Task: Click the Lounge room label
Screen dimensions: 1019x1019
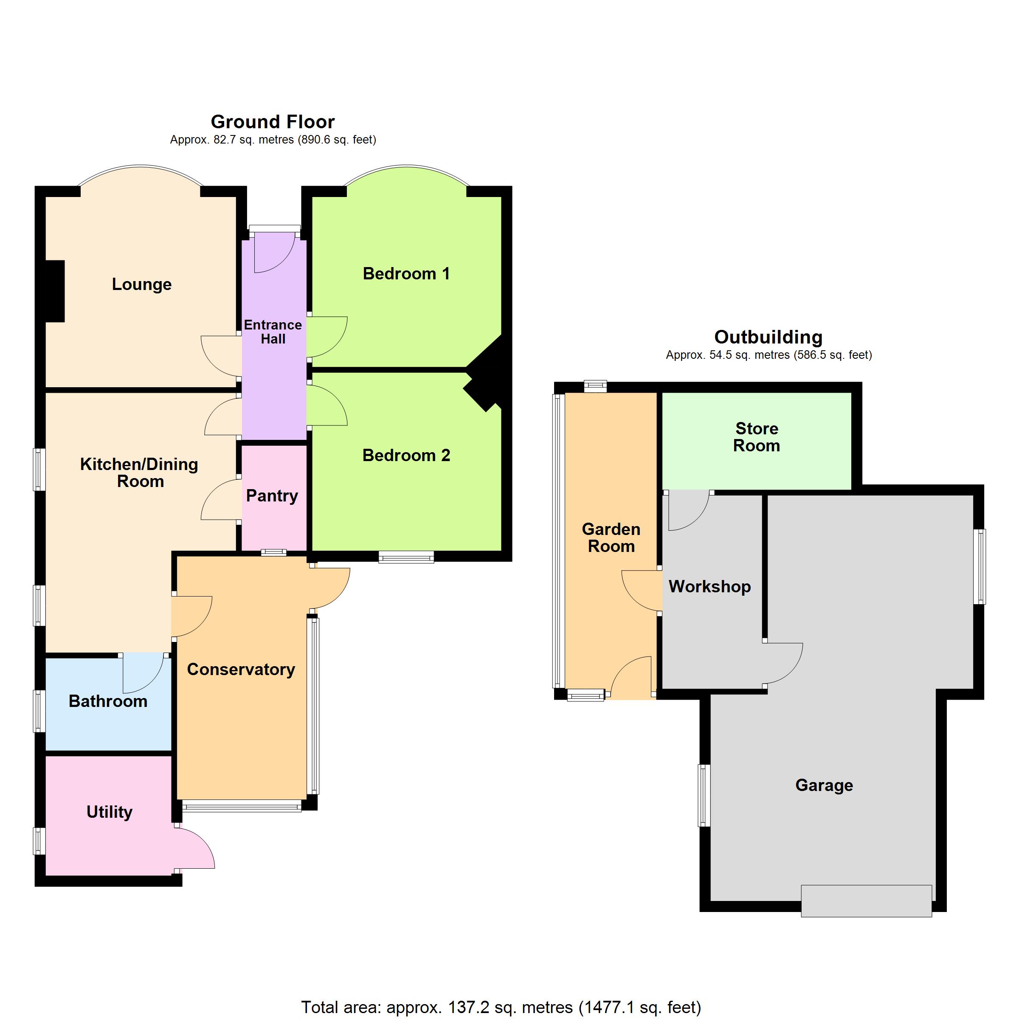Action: point(141,284)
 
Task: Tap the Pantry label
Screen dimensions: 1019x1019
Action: point(272,496)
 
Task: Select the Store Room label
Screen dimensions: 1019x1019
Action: point(756,437)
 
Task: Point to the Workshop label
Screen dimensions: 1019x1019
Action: point(710,586)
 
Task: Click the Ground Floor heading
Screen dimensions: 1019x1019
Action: point(273,122)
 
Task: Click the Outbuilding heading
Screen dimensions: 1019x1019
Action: point(768,337)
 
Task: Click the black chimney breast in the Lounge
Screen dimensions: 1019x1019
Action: point(55,291)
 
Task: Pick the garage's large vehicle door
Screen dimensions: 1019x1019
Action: point(866,901)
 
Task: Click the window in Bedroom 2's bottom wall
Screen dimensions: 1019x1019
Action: point(406,557)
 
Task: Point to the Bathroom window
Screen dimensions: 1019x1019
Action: point(39,710)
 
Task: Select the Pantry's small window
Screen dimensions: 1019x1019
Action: point(274,553)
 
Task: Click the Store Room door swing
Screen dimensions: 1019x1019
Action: point(689,510)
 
